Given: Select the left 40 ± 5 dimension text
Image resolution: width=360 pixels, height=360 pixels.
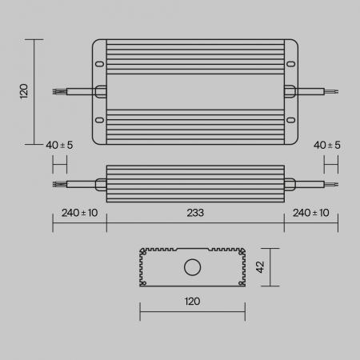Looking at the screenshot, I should click(60, 145).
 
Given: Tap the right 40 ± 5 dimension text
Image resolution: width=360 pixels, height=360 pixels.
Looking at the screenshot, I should click(327, 145).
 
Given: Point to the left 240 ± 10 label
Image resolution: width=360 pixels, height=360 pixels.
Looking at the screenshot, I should click(79, 213).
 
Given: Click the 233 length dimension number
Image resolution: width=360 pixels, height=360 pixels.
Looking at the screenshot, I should click(195, 213).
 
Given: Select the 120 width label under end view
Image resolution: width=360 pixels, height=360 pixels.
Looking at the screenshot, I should click(192, 302).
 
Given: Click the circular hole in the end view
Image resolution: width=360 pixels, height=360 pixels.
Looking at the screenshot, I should click(193, 267).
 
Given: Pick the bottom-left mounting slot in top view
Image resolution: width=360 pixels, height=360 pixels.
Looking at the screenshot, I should click(100, 121).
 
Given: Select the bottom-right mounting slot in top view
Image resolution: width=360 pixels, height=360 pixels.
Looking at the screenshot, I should click(290, 121).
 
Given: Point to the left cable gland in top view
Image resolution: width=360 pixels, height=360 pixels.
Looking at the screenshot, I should click(101, 92).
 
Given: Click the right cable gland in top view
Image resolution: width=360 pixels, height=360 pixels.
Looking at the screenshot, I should click(289, 92).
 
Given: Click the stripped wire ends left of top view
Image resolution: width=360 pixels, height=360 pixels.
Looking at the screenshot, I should click(57, 92).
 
